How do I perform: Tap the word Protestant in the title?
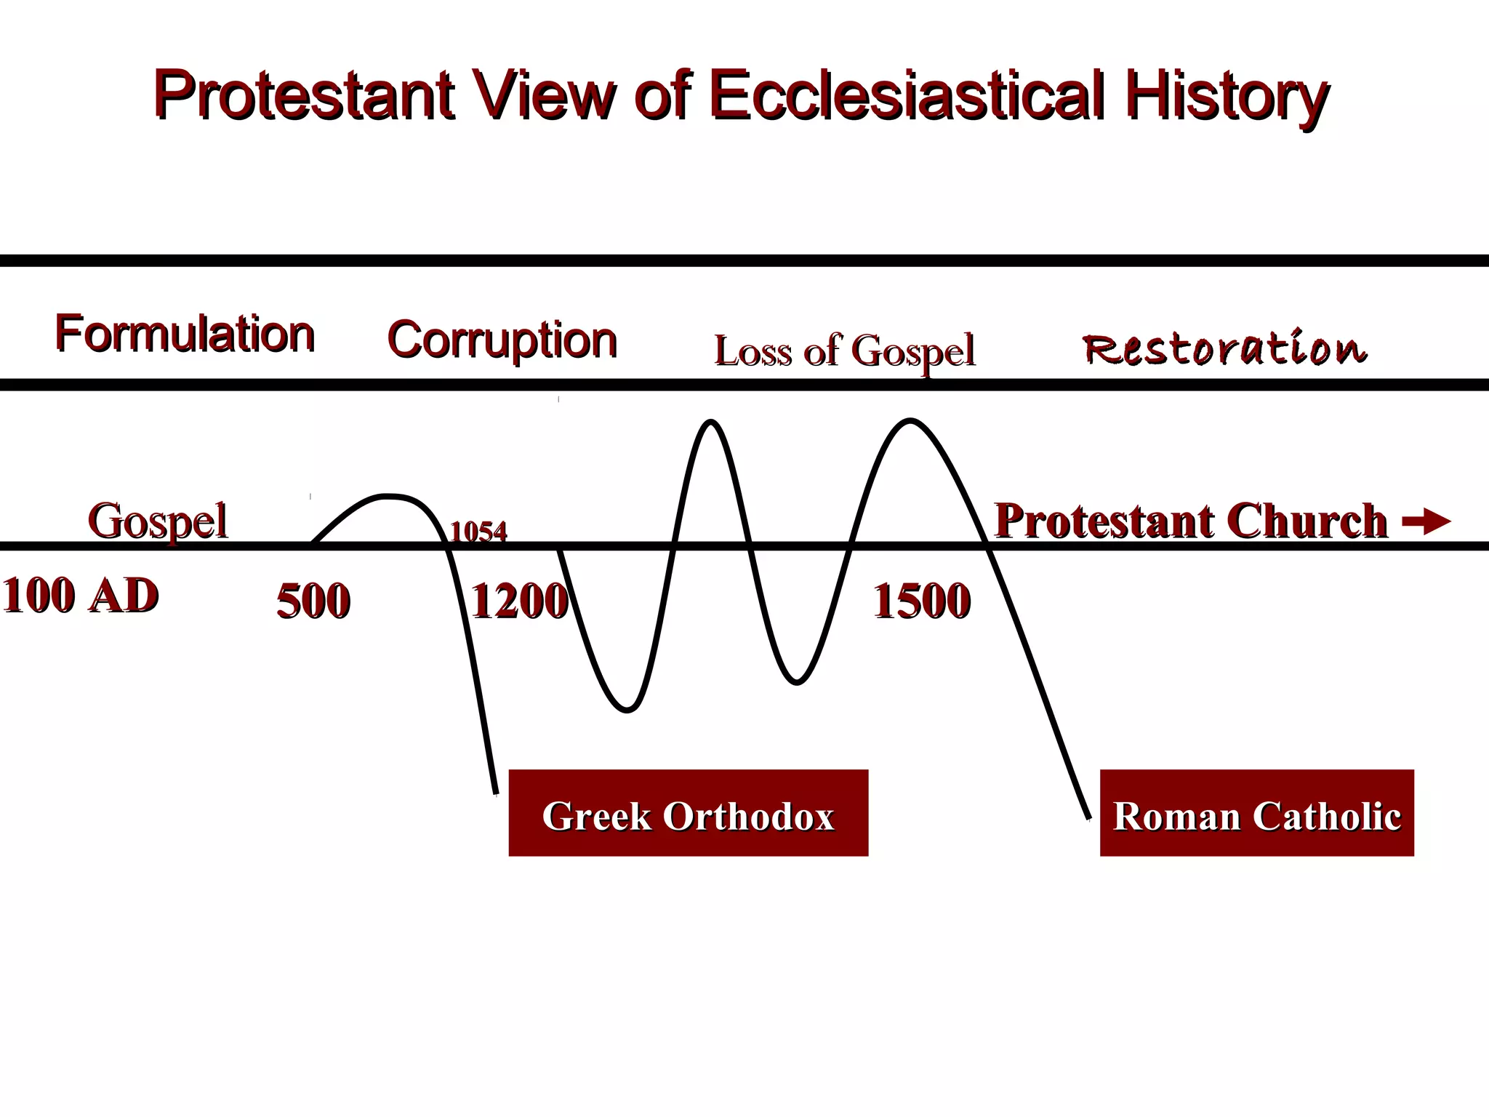pos(304,96)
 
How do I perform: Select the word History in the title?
pos(1227,96)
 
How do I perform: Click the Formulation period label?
pos(185,335)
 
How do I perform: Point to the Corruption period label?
pos(502,340)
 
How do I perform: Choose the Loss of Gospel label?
pos(844,352)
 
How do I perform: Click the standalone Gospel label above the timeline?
pos(157,521)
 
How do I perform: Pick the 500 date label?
pos(313,601)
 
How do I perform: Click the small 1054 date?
pos(478,532)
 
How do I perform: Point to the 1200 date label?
pos(519,601)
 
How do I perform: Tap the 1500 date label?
pos(921,601)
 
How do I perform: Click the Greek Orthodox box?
pos(688,813)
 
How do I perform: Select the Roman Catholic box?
pos(1256,813)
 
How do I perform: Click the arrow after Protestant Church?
pos(1426,521)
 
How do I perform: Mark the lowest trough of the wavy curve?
pos(627,710)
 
